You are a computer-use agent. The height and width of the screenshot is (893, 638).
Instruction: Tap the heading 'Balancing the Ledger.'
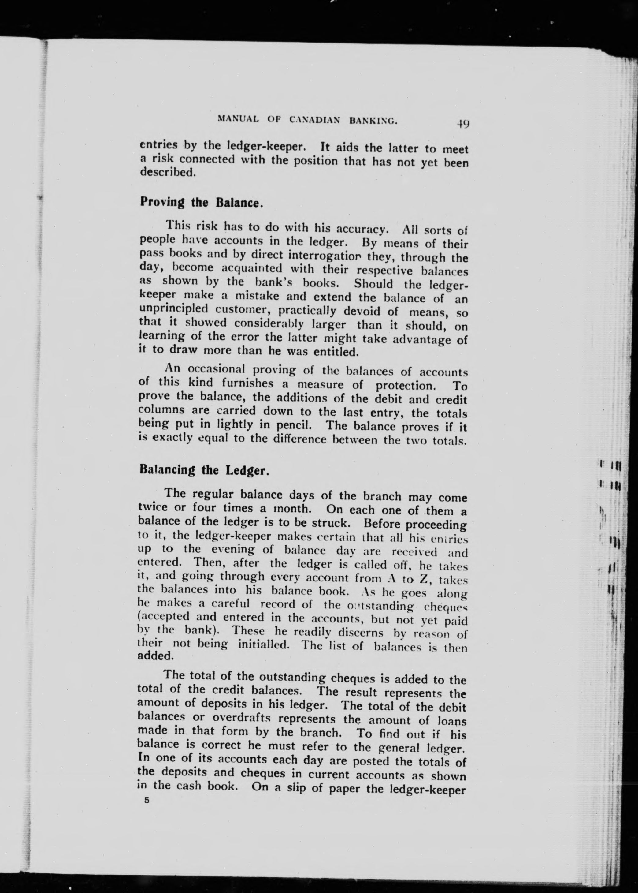(204, 470)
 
